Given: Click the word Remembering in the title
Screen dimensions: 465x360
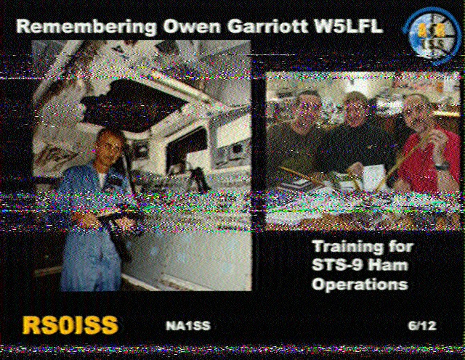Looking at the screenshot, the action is tap(86, 27).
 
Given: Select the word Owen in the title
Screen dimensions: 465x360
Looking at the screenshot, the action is tap(192, 26).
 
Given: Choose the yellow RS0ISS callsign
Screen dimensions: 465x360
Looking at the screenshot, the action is tap(70, 325).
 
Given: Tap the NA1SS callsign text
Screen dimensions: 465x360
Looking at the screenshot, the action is tap(188, 326).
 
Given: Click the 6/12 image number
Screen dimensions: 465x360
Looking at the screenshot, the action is tap(422, 326).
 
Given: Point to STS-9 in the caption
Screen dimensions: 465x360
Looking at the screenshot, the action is tap(333, 265).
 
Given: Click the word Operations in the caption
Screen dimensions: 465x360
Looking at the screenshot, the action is tap(360, 284).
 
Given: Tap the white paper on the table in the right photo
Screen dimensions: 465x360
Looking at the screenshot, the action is tap(374, 177).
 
